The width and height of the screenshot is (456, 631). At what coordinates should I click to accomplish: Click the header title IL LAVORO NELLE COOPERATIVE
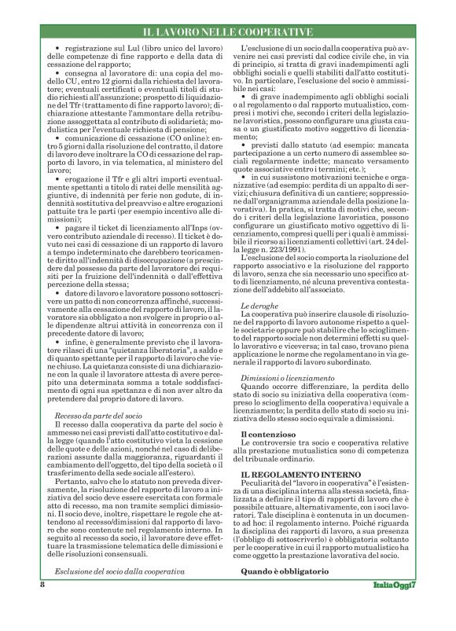227,32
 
